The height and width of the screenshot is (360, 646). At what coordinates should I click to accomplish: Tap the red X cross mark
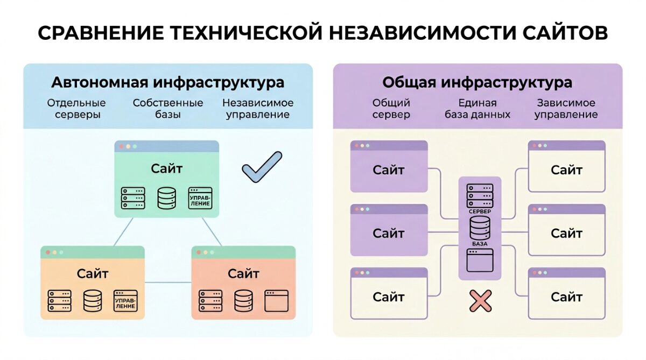point(480,301)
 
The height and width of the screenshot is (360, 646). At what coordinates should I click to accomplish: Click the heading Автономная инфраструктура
point(167,83)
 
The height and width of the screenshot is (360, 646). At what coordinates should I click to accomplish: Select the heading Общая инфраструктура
point(477,83)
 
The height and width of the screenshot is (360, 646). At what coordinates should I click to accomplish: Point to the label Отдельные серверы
point(76,109)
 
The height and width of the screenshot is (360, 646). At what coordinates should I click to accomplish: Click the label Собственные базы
point(168,109)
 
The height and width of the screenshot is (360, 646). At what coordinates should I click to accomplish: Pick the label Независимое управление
point(258,109)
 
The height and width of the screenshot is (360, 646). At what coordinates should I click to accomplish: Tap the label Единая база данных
point(477,109)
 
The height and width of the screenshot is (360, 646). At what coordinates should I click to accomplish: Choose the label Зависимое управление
point(566,109)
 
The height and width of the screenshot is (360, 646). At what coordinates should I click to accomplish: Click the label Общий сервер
point(391,109)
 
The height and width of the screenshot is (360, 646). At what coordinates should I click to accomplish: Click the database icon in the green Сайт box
point(167,198)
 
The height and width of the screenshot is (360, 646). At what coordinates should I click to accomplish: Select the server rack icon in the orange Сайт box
point(59,301)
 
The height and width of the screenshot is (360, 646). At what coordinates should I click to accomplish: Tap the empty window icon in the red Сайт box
point(277,301)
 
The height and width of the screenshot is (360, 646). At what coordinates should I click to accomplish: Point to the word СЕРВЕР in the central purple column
point(480,212)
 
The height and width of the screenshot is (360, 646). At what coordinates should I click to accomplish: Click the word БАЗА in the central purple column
point(480,244)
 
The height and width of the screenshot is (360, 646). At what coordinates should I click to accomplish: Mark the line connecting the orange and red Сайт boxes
point(168,282)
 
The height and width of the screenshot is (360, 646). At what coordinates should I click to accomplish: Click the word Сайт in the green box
point(167,169)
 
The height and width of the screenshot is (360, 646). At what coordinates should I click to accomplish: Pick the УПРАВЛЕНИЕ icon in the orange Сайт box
point(125,301)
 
